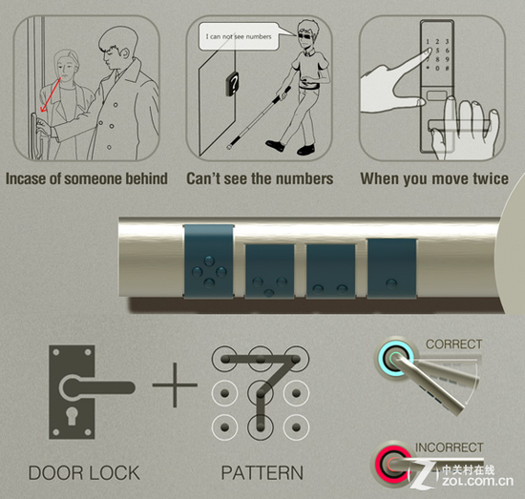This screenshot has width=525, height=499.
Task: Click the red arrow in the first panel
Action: pos(51,95)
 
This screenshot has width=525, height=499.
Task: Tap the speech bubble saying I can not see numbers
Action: pos(239,37)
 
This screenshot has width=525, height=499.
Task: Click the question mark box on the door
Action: pos(233,84)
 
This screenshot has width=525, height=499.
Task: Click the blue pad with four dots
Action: pos(209,260)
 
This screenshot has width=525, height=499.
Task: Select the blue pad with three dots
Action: pos(269,270)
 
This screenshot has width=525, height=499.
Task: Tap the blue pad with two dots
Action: pos(331,270)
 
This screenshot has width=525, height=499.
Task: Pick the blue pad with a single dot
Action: pos(392,268)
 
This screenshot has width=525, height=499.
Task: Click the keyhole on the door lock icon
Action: pos(71,415)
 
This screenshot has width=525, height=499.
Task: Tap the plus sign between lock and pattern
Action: pos(175,385)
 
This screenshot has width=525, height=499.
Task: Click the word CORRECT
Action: pos(453,344)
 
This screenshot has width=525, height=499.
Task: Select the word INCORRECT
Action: pos(449,447)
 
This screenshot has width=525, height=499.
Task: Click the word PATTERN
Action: pos(262,473)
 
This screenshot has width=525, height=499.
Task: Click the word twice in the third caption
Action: pos(490,178)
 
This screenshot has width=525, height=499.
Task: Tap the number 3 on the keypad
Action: pos(447,41)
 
